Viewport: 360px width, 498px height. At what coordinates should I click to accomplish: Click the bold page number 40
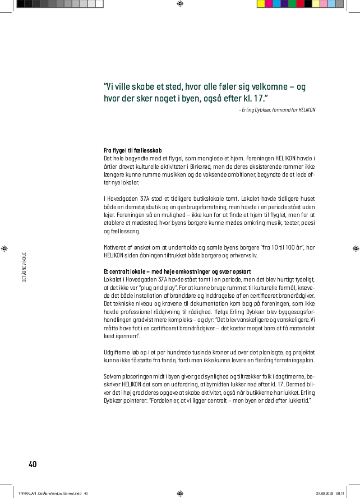click(33, 464)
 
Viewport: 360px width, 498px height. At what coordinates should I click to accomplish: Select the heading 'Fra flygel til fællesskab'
click(132, 151)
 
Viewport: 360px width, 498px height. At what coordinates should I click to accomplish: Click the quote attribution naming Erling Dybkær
click(277, 109)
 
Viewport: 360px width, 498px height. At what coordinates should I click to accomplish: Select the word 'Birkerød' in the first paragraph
click(214, 167)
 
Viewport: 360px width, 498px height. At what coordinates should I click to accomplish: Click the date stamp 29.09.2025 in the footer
click(325, 493)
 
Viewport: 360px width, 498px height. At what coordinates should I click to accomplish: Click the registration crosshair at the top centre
click(179, 4)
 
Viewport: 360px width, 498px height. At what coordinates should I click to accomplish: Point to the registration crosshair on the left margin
click(5, 248)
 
